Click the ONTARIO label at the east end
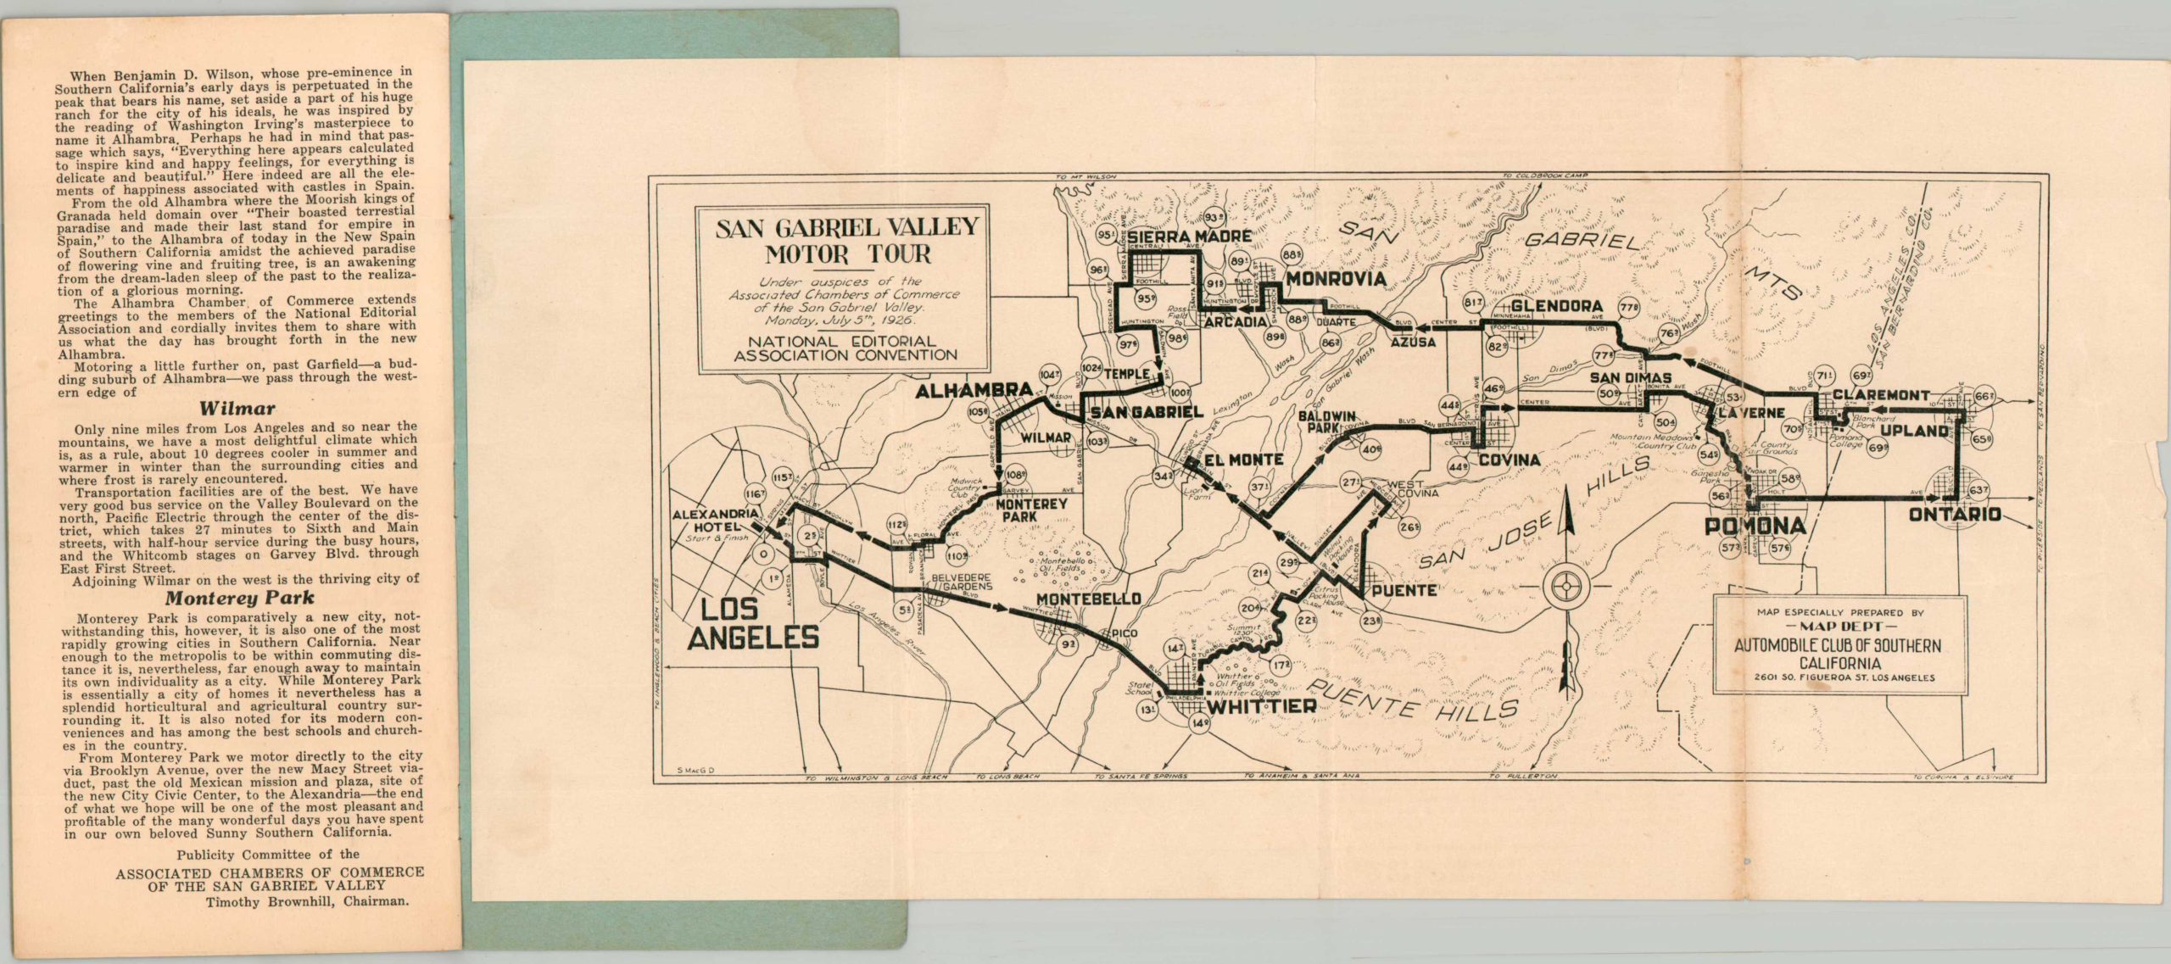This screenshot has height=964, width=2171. point(1954,515)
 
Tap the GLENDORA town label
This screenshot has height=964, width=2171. point(1556,306)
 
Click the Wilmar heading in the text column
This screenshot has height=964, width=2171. point(237,409)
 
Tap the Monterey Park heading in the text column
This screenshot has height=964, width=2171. point(237,597)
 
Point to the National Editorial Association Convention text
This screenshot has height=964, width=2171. point(845,348)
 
